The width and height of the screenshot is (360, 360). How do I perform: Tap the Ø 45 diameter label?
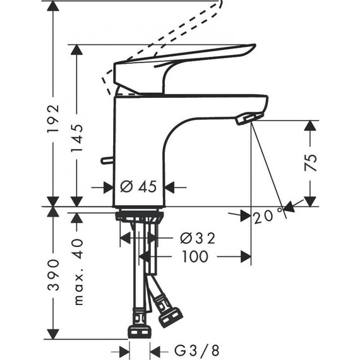click(x=138, y=187)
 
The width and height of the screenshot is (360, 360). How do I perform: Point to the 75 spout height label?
click(x=309, y=163)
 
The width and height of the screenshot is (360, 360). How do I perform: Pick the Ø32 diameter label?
click(x=197, y=238)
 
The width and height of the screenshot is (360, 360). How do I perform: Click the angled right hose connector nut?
click(x=171, y=316)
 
